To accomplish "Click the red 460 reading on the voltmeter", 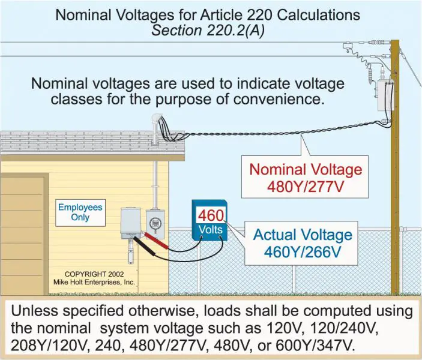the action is (x=211, y=215).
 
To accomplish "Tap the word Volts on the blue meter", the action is (x=211, y=230).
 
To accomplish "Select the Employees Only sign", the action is (x=80, y=212).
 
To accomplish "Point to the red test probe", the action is (x=157, y=241).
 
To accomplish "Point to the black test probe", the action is (x=143, y=245).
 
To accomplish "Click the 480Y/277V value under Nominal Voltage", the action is (x=306, y=186).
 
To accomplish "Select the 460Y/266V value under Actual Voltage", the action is (x=303, y=252).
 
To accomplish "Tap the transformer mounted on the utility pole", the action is (x=385, y=95).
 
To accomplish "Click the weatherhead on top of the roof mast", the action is (x=157, y=118).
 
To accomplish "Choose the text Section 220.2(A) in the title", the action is (x=208, y=30).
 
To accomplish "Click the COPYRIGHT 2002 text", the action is (x=94, y=274).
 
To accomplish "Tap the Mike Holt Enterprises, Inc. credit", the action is (x=94, y=282).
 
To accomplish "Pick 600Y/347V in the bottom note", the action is (x=314, y=345).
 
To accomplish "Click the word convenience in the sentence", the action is (x=279, y=99).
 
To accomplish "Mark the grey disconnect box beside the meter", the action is (x=131, y=223).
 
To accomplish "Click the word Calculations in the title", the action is (x=318, y=14).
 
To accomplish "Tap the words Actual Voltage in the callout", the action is (x=303, y=235).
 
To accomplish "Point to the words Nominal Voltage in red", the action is (x=306, y=170).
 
